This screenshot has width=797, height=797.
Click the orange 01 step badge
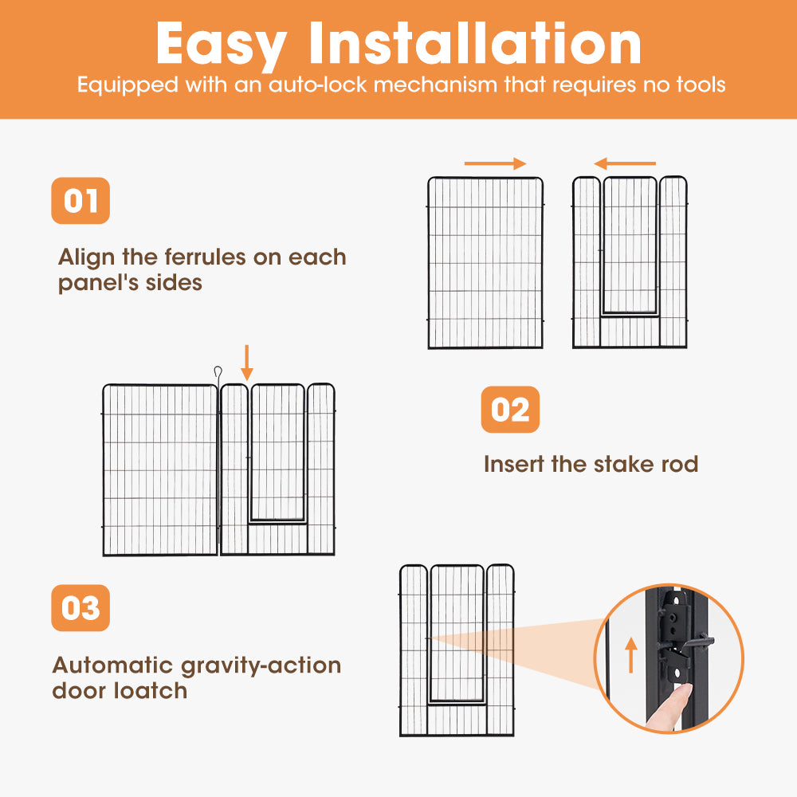coord(80,200)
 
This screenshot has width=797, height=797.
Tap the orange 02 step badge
coord(510,410)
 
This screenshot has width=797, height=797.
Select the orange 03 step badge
coord(80,609)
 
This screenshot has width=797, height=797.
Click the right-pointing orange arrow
coord(495,163)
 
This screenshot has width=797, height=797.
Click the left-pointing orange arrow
coord(625,163)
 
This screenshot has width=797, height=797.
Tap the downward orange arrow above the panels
coord(247,363)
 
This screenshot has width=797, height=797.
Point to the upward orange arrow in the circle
coord(631,654)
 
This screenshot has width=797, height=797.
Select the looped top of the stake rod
coord(217,371)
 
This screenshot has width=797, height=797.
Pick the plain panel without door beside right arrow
coord(485,263)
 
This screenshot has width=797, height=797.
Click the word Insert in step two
coord(514,464)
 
